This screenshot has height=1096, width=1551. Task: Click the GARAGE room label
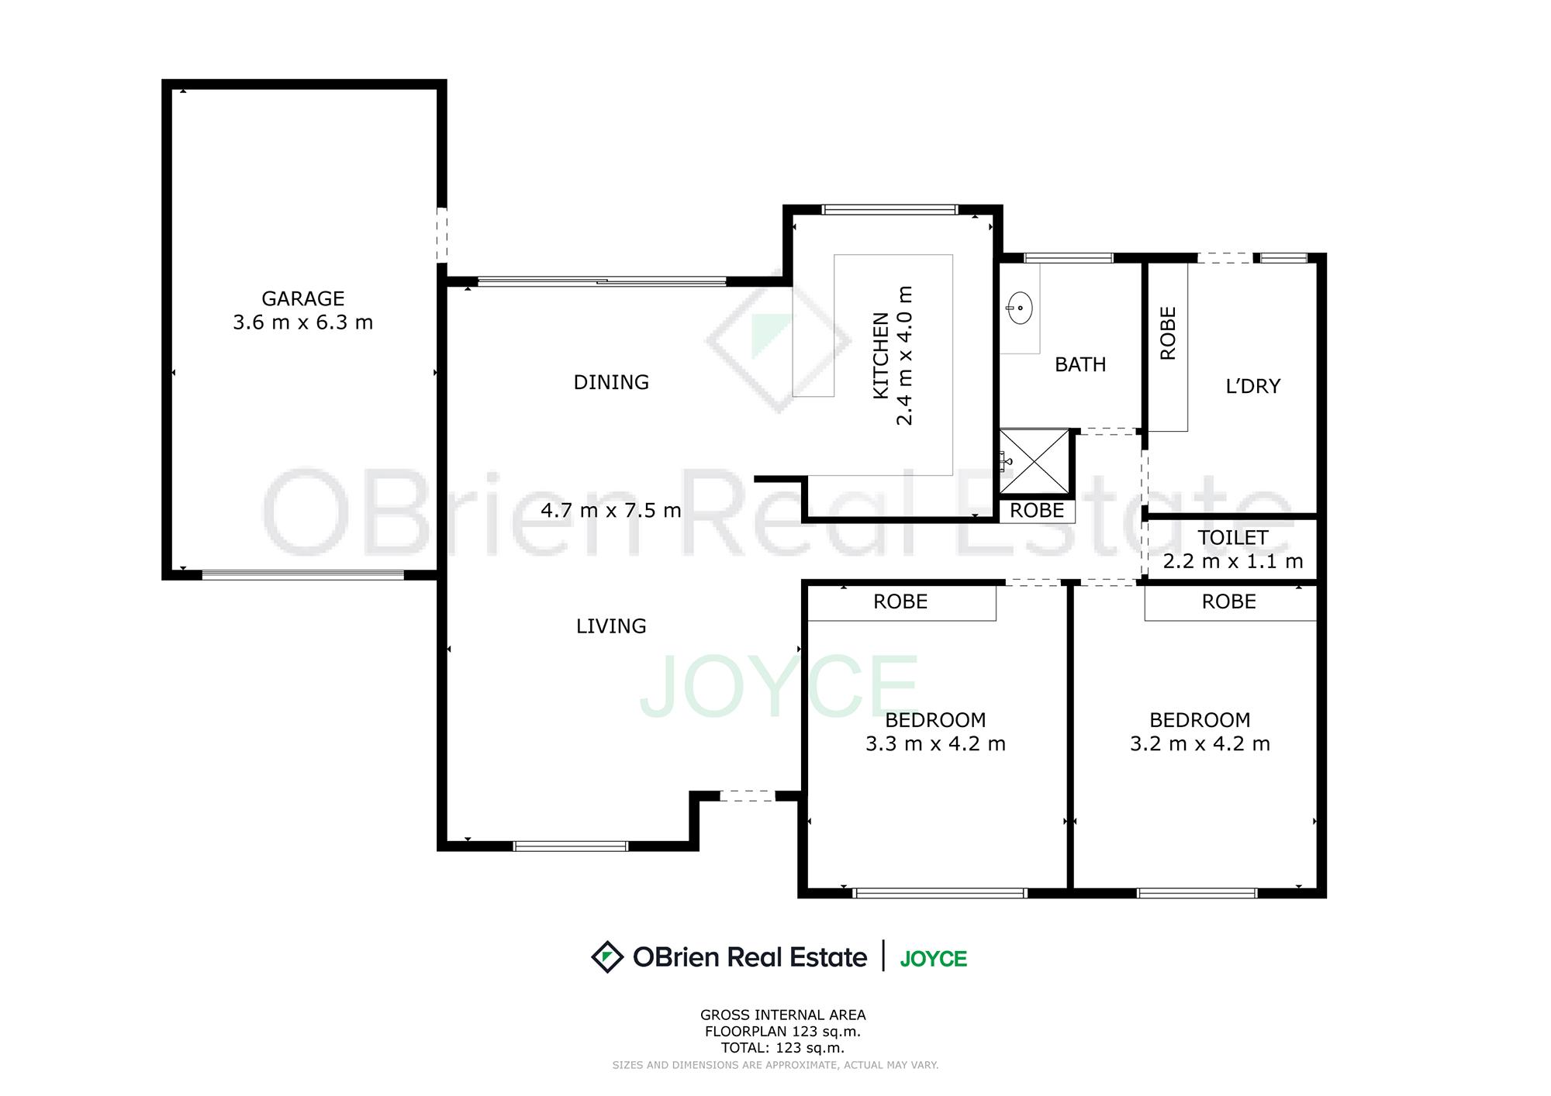coord(302,298)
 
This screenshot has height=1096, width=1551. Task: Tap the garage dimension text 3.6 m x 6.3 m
coord(302,322)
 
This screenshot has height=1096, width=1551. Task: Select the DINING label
coord(611,382)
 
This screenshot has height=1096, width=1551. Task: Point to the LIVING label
coord(611,626)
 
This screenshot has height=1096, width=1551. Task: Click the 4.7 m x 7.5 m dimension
coord(611,511)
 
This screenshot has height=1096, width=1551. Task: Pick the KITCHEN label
coord(881,356)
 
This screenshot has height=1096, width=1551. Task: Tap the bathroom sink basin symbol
coord(1019,308)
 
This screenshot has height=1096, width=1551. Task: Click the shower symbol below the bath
coord(1035,462)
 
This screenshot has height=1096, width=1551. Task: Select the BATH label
coord(1080,364)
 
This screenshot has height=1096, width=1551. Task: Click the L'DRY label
coord(1253,386)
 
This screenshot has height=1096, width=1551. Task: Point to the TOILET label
coord(1233,538)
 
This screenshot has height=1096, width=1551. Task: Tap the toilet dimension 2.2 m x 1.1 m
coord(1233,561)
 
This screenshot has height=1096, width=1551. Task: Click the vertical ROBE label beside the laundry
coord(1168,333)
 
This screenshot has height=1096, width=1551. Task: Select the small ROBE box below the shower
coord(1037,511)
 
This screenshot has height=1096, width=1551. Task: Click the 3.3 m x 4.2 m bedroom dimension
coord(935,744)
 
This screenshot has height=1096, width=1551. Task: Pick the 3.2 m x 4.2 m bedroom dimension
coord(1200,744)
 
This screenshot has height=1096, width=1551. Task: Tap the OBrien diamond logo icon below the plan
coord(607,956)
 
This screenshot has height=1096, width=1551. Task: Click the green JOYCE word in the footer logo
coord(934,959)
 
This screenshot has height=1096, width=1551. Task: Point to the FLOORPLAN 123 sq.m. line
coord(782,1032)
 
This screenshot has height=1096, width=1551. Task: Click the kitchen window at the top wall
coord(890,209)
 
